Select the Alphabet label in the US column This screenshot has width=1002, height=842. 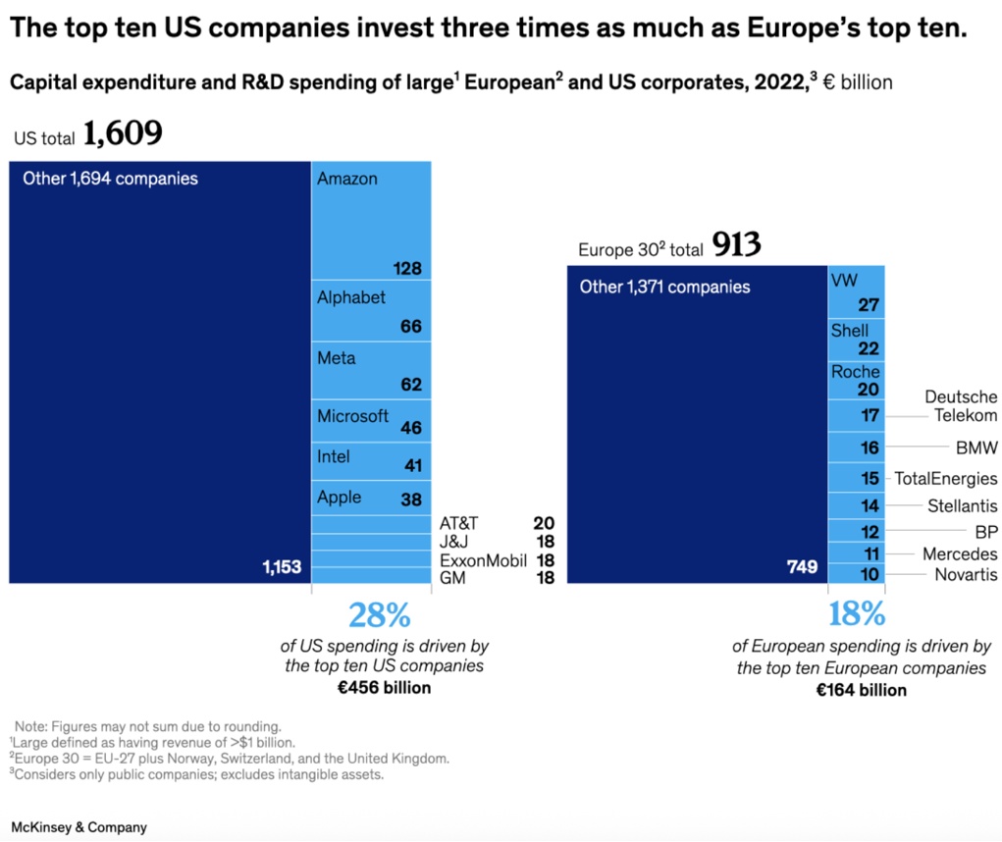pos(351,297)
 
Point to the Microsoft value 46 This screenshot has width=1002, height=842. pos(411,428)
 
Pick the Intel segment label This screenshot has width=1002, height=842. pos(334,456)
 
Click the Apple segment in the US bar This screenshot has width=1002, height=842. pos(371,498)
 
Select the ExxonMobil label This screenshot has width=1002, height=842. pos(483,560)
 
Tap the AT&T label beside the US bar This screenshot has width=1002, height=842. pos(458,524)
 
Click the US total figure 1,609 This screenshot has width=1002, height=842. pos(123,134)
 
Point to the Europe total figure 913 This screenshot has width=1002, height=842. pos(737,245)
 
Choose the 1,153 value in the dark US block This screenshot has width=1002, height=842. pos(282,566)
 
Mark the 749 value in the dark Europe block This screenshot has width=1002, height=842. pos(801,566)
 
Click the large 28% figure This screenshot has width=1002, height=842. pos(380,615)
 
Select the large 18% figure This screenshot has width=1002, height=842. pos(857,615)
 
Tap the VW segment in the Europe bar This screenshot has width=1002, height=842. pos(857,291)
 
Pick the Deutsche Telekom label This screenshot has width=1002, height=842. pos(961,406)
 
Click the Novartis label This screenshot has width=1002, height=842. pos(966,574)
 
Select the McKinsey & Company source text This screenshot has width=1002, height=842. pos(79,827)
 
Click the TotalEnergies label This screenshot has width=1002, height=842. pos(945,479)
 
